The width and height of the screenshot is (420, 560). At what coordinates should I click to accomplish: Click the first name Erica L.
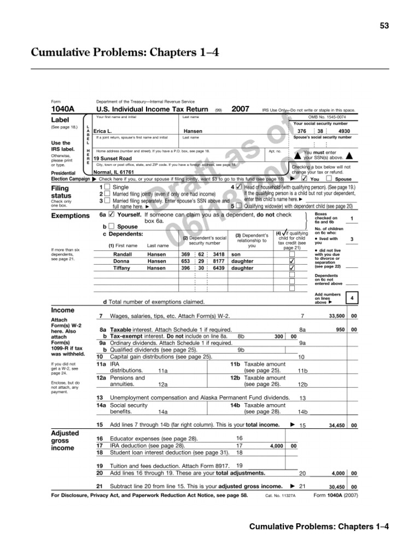tap(103, 132)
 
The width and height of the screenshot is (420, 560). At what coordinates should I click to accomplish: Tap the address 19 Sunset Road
tap(112, 159)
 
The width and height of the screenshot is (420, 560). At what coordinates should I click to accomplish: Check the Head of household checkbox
tap(238, 187)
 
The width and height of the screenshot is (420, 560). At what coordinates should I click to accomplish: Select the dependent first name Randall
tap(122, 254)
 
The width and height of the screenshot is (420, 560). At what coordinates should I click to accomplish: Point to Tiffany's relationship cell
tap(242, 269)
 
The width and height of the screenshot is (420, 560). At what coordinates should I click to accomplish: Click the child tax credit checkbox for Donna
tap(292, 261)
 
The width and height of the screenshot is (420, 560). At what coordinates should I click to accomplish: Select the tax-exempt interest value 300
tap(278, 336)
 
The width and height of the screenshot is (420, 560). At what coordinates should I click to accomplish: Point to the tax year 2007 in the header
tap(241, 109)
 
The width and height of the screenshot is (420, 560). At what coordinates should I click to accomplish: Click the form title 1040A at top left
tap(65, 109)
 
